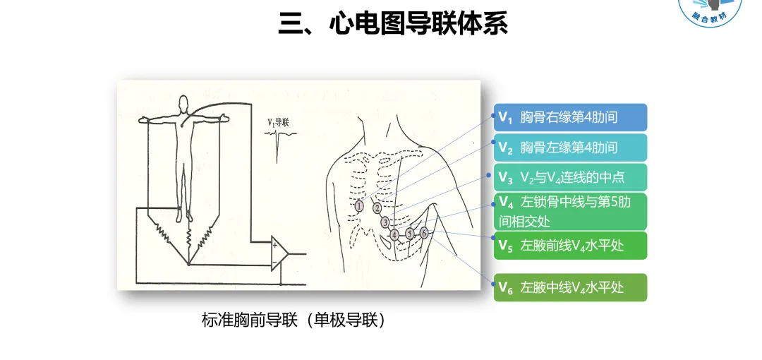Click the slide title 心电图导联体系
tap(393, 24)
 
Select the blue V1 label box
tap(570, 117)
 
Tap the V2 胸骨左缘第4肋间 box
tap(570, 148)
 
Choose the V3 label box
tap(570, 176)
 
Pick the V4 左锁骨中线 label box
tap(570, 211)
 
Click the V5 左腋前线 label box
tap(570, 246)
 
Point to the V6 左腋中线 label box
tap(570, 287)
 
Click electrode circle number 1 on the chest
tap(360, 207)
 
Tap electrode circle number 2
tap(377, 208)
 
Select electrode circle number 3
tap(385, 222)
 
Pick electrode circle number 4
tap(394, 234)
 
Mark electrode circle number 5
tap(410, 233)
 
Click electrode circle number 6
tap(424, 232)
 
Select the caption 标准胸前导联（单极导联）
tap(295, 320)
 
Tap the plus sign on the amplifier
tap(274, 246)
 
